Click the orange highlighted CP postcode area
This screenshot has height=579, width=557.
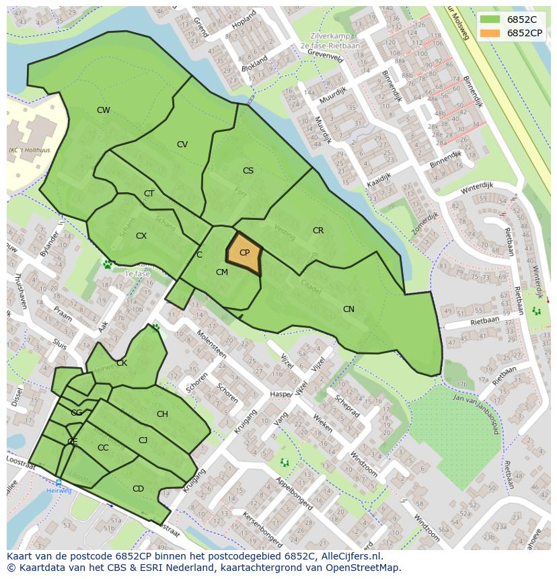[x=244, y=254]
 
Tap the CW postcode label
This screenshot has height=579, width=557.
[x=103, y=110]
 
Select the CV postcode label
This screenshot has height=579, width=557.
[x=182, y=145]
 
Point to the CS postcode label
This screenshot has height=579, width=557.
[x=248, y=171]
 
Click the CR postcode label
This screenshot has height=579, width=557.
[x=318, y=231]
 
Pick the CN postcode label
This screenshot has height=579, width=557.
[x=348, y=309]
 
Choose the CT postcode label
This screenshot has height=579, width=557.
[x=149, y=194]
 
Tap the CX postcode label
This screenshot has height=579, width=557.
[x=141, y=236]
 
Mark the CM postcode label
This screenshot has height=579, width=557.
[x=222, y=272]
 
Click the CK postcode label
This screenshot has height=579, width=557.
[x=122, y=363]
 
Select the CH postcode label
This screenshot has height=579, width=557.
[x=162, y=414]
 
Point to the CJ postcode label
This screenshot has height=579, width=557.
[x=143, y=440]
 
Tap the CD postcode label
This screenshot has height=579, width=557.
[x=138, y=489]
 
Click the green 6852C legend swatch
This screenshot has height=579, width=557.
[x=490, y=20]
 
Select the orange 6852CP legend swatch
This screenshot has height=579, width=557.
[x=490, y=33]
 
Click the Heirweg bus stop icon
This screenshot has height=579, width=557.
[x=59, y=483]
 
